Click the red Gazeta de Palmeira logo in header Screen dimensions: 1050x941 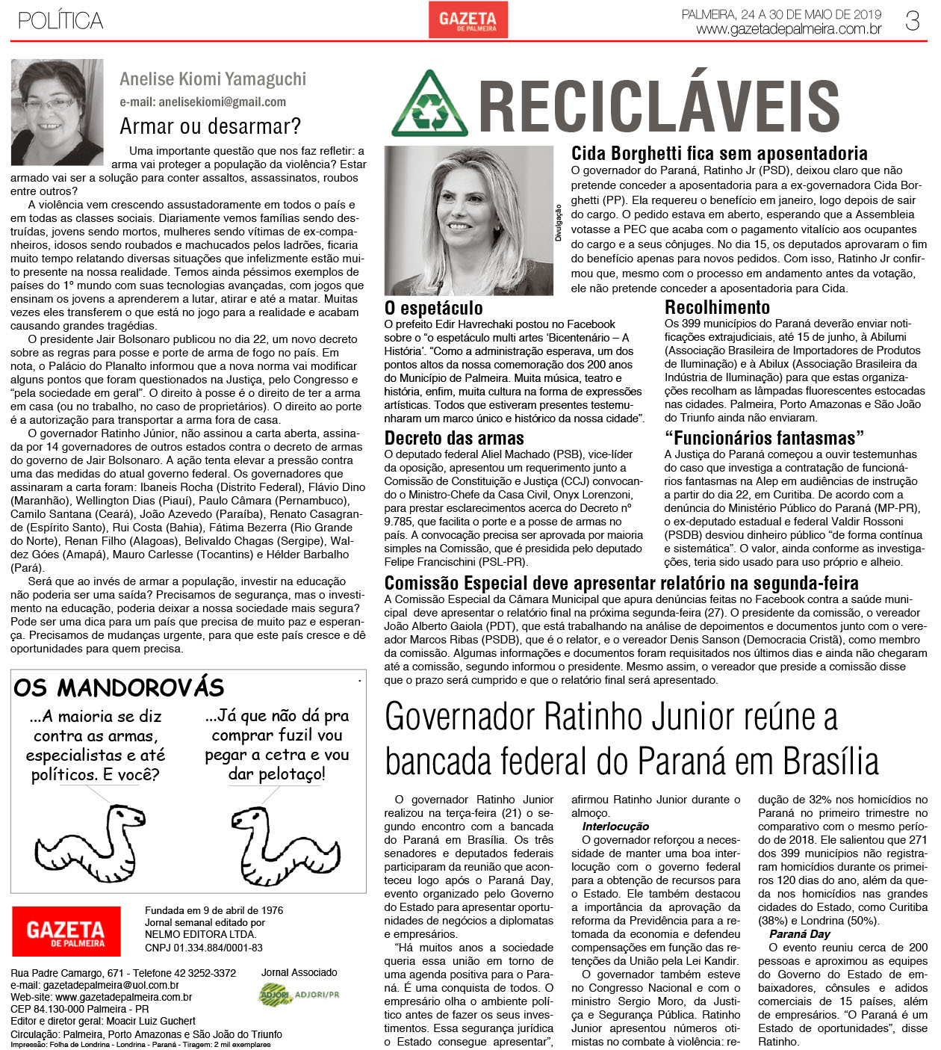pyautogui.click(x=468, y=19)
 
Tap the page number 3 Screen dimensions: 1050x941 pyautogui.click(x=912, y=21)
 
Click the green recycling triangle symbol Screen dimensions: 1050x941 pyautogui.click(x=429, y=105)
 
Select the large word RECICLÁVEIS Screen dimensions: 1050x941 pyautogui.click(x=659, y=106)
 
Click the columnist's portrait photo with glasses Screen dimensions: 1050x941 pyautogui.click(x=57, y=112)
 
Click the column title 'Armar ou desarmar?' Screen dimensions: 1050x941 pyautogui.click(x=211, y=126)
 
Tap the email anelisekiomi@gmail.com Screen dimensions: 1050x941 pyautogui.click(x=202, y=102)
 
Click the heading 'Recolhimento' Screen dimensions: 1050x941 pyautogui.click(x=717, y=307)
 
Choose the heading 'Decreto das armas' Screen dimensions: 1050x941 pyautogui.click(x=454, y=438)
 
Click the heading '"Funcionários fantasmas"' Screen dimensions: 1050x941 pyautogui.click(x=764, y=438)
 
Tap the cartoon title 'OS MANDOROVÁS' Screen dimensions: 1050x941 pyautogui.click(x=119, y=688)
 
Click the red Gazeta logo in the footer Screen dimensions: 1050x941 pyautogui.click(x=66, y=931)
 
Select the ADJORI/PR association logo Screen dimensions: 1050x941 pyautogui.click(x=299, y=995)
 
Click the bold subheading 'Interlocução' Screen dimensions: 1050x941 pyautogui.click(x=615, y=827)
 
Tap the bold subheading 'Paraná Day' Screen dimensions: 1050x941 pyautogui.click(x=799, y=934)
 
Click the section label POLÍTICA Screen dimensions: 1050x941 pyautogui.click(x=60, y=21)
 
